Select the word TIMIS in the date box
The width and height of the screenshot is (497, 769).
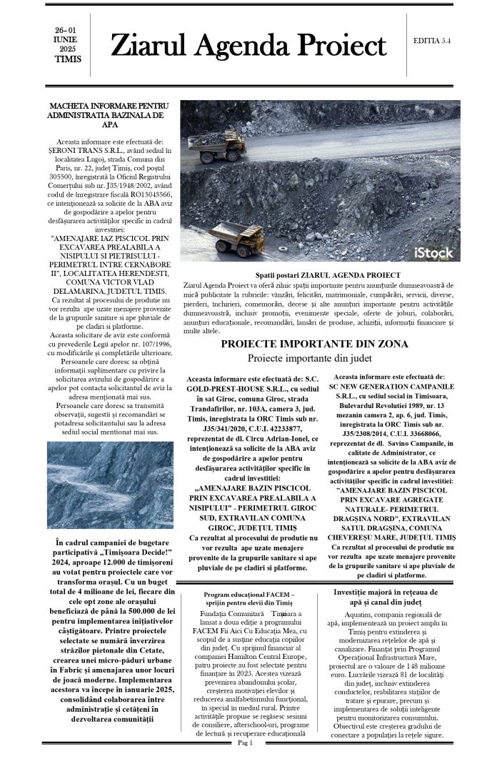pyautogui.click(x=68, y=59)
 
